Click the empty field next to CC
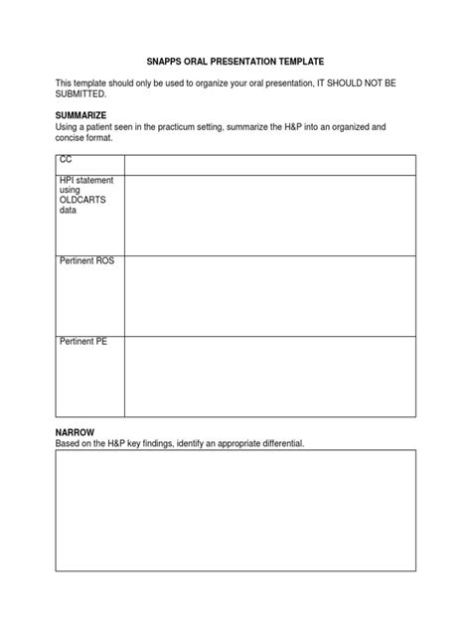pyautogui.click(x=269, y=164)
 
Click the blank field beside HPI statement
pyautogui.click(x=269, y=214)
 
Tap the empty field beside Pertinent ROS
pyautogui.click(x=269, y=294)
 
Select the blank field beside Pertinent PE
pyautogui.click(x=269, y=375)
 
